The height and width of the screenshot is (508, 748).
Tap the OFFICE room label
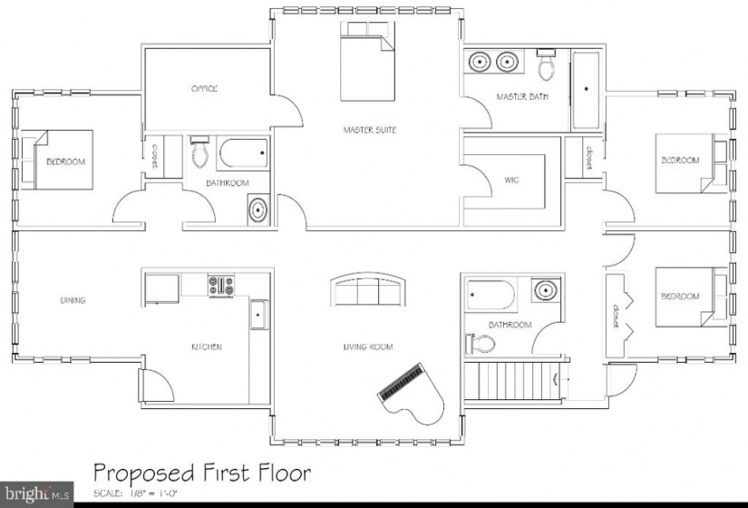[x=204, y=88]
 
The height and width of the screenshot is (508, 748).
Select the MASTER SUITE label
[x=370, y=130]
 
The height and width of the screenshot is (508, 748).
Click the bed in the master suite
[x=367, y=61]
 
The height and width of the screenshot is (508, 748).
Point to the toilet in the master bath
[x=546, y=64]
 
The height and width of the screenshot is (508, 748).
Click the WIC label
[x=511, y=180]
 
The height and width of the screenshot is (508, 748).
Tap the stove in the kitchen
[x=221, y=285]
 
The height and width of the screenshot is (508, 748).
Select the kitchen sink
[x=259, y=315]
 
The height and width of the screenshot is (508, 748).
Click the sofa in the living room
[x=368, y=289]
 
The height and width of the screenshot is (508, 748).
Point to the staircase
[x=516, y=381]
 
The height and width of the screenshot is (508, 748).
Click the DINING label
[x=73, y=300]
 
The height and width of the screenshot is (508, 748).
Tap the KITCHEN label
[x=207, y=347]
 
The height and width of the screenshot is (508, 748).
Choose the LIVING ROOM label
[x=368, y=347]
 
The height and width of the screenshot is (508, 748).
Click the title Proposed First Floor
[x=202, y=473]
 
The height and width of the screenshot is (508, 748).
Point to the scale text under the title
[x=135, y=493]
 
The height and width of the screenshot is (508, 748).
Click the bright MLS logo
[x=37, y=493]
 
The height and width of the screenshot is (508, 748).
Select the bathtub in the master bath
[x=586, y=90]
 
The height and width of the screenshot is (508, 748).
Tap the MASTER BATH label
[x=522, y=96]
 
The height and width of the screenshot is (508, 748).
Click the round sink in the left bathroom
[x=258, y=210]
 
